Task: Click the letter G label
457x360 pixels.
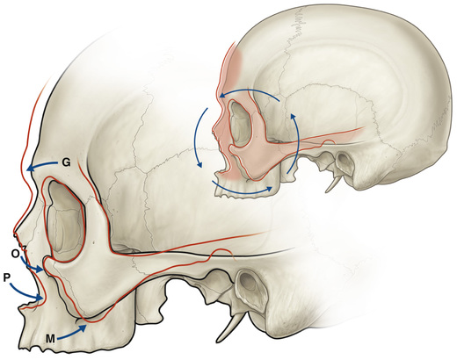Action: pyautogui.click(x=66, y=162)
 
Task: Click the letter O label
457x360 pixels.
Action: pyautogui.click(x=15, y=254)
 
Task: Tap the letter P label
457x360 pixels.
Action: pyautogui.click(x=7, y=277)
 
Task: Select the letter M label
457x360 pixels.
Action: pyautogui.click(x=50, y=339)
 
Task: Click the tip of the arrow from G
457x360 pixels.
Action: pyautogui.click(x=27, y=169)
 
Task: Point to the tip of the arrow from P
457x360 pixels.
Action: pyautogui.click(x=43, y=299)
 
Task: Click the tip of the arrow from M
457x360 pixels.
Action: pyautogui.click(x=87, y=325)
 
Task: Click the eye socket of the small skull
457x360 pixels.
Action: pyautogui.click(x=240, y=124)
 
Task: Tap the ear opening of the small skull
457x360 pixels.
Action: pyautogui.click(x=343, y=160)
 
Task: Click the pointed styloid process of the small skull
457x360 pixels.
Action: pyautogui.click(x=333, y=184)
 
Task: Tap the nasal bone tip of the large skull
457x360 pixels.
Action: pyautogui.click(x=15, y=234)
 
